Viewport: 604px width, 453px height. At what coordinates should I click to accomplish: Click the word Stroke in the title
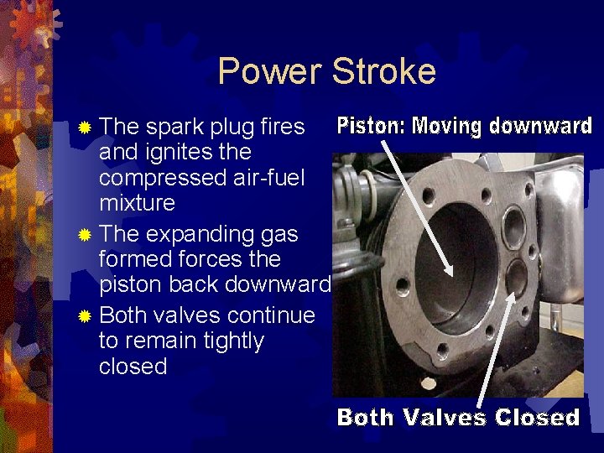(x=383, y=71)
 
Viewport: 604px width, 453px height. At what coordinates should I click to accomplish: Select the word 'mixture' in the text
(x=137, y=202)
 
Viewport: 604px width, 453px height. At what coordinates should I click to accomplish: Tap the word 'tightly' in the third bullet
(x=227, y=341)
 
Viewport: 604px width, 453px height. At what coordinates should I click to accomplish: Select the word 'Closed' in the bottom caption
(x=537, y=417)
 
